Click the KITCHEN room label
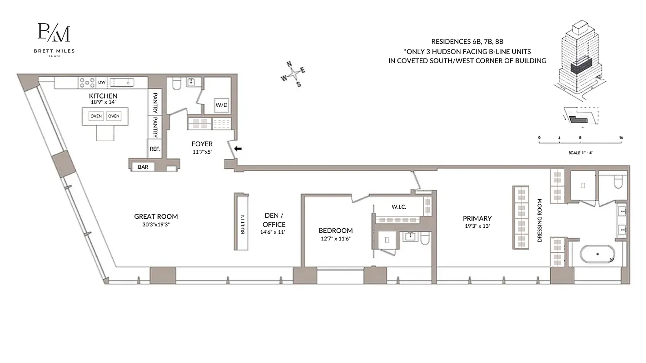103,96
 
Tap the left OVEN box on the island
96,116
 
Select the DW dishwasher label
102,82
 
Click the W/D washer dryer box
221,105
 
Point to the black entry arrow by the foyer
238,148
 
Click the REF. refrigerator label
155,148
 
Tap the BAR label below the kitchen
143,167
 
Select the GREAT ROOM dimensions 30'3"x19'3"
156,225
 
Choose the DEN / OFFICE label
274,220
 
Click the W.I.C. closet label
398,207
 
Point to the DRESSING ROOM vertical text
540,220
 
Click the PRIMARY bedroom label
477,218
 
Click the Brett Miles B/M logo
54,34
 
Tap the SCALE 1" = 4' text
580,152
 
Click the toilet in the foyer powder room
176,84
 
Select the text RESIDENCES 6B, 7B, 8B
467,41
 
